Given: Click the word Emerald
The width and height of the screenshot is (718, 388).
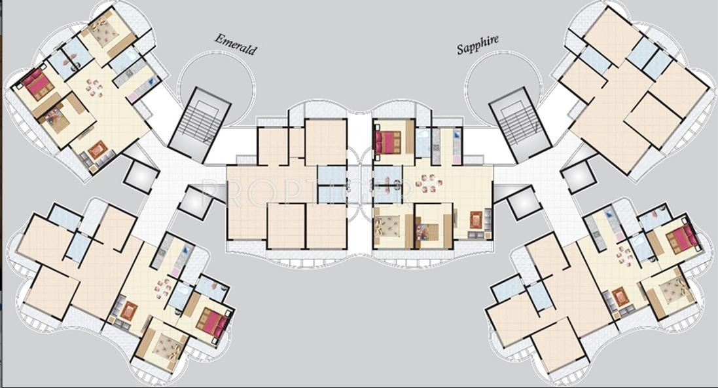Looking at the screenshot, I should (236, 44).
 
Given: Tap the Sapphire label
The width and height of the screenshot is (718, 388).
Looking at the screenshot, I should (477, 44).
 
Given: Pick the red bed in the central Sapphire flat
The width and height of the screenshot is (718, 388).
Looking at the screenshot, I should (387, 141).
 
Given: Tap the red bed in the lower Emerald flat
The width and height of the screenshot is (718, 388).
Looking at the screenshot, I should (215, 321).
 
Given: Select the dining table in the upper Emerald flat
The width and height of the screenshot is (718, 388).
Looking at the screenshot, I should (96, 88).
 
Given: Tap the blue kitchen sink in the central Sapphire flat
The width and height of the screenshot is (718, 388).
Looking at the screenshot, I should (456, 140).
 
